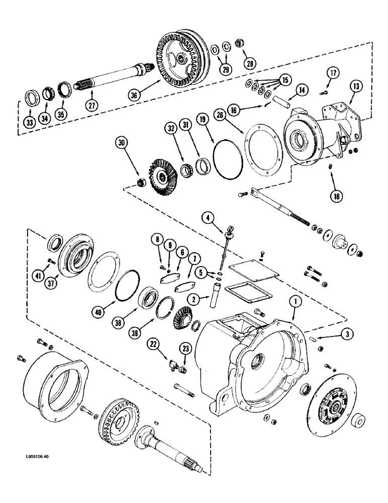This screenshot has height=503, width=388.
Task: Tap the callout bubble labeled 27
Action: pyautogui.click(x=91, y=106)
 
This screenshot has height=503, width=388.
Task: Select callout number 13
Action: pyautogui.click(x=355, y=87)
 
